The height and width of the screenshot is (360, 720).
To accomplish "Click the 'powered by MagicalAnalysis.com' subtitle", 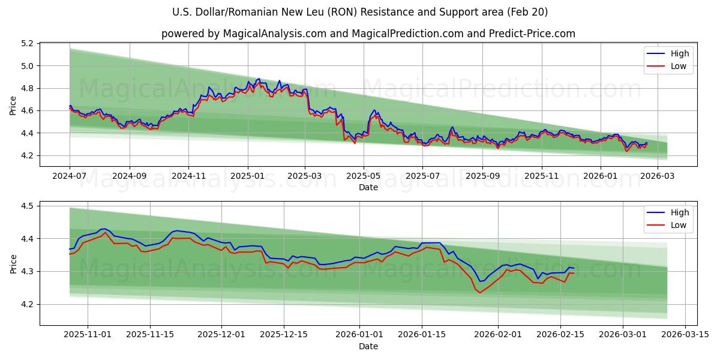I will [368, 34].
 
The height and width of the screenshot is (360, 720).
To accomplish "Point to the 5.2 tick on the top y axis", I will [26, 44].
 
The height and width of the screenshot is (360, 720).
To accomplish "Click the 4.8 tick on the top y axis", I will [26, 88].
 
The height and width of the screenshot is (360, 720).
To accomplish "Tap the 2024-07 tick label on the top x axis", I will [70, 176].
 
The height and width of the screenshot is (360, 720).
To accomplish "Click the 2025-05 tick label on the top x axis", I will [364, 176].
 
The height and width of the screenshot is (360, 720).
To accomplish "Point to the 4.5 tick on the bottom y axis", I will [26, 206].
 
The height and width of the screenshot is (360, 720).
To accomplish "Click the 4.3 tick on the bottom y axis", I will [26, 272].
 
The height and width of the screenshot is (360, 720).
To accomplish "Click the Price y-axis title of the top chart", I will [13, 106].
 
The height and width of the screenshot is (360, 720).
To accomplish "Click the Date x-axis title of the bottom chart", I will [368, 346].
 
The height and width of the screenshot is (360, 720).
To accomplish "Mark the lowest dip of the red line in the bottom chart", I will [479, 293].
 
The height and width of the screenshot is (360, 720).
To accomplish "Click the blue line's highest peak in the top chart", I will [259, 79].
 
